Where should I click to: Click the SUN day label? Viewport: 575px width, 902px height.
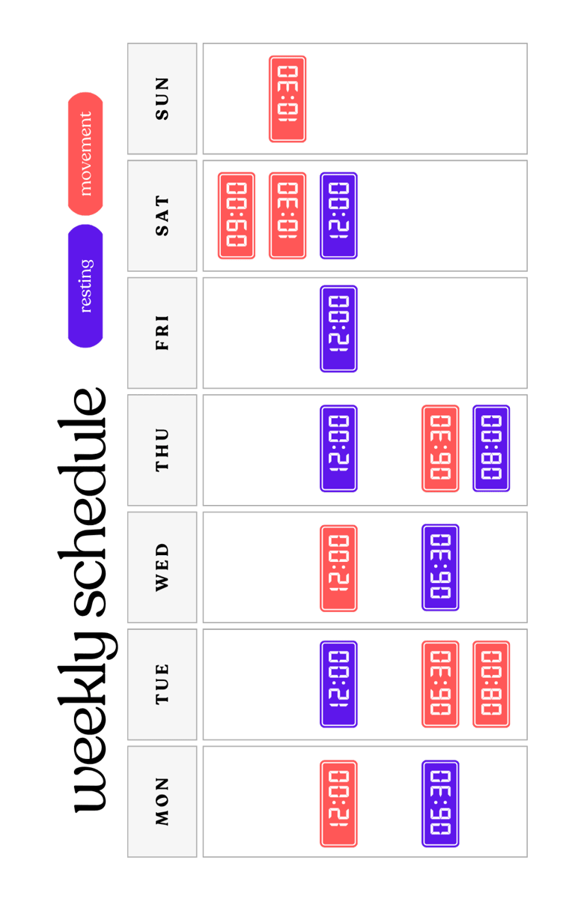click(x=162, y=98)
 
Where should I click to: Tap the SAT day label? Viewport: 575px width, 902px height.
click(x=162, y=216)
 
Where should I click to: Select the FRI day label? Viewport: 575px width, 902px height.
click(x=162, y=333)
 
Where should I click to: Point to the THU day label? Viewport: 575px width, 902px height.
click(x=162, y=450)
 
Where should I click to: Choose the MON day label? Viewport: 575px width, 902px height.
click(x=162, y=801)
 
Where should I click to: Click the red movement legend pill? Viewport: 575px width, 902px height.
click(x=85, y=154)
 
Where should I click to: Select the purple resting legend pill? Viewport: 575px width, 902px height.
click(x=85, y=285)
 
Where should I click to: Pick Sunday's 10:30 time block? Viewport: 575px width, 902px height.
click(x=287, y=99)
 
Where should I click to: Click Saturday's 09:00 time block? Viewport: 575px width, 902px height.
click(x=237, y=216)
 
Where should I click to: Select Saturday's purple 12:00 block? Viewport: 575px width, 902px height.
click(x=338, y=216)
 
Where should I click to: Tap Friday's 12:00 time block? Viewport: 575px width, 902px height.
click(x=338, y=329)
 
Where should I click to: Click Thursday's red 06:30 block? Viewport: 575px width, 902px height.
click(x=440, y=449)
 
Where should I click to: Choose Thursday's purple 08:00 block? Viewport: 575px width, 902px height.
click(x=491, y=449)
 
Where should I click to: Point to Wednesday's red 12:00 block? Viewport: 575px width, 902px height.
click(x=338, y=568)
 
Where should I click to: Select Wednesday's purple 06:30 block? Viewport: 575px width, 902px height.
click(x=440, y=568)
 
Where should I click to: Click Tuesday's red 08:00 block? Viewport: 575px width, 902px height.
click(x=491, y=683)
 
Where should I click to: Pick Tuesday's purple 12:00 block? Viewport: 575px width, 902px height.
click(x=338, y=683)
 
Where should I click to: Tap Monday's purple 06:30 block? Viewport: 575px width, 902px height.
click(x=440, y=804)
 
